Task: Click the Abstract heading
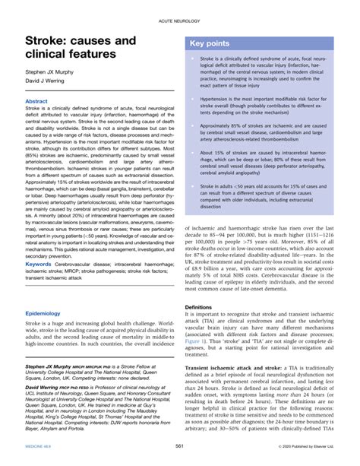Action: coord(37,100)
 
